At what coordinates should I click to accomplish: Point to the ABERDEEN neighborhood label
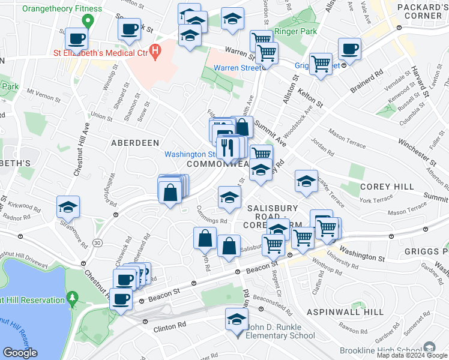135,143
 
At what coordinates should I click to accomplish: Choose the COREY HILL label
387,187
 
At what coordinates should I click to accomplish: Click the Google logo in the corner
20,353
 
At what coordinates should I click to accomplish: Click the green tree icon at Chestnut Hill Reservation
73,297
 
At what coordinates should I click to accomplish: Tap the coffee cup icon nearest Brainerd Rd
349,49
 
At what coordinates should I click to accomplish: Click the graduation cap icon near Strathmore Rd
68,206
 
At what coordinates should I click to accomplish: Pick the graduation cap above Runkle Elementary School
237,319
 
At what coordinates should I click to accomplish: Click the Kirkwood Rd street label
25,206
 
